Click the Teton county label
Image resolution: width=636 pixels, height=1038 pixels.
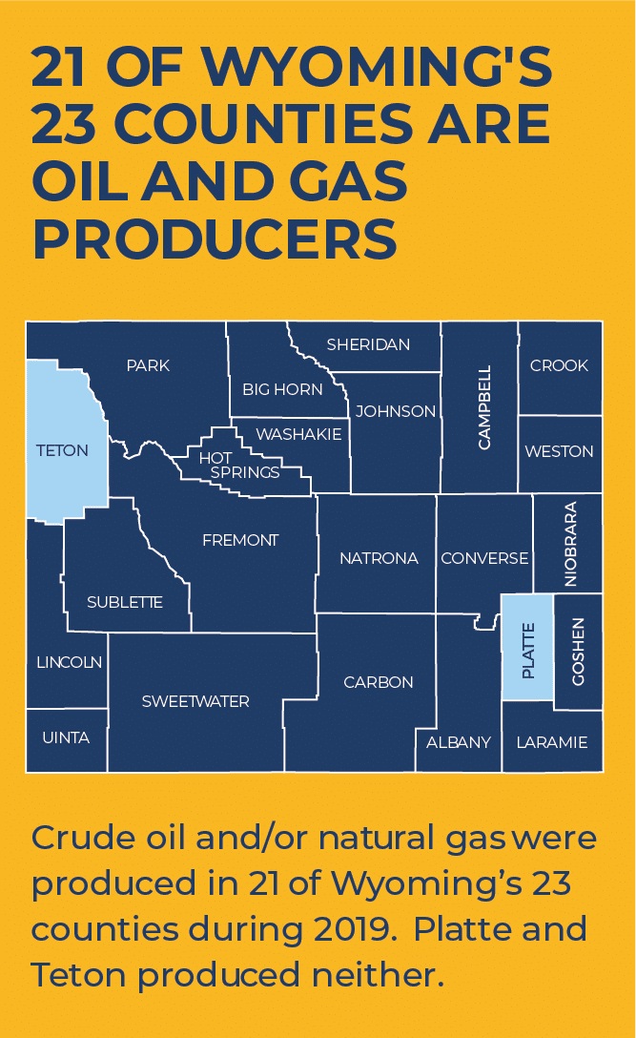point(62,450)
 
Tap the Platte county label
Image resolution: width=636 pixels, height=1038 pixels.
point(527,651)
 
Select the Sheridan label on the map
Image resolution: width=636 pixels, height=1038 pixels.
point(368,344)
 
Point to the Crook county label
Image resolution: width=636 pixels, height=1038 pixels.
point(559,365)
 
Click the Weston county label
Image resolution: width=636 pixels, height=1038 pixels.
point(559,451)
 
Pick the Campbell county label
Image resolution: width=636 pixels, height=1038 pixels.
point(484,407)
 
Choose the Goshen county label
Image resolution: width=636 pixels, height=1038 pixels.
point(578,651)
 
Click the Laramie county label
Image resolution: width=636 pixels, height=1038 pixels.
point(552,741)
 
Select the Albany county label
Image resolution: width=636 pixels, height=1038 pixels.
point(459,741)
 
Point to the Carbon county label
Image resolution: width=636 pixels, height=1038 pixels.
point(379,682)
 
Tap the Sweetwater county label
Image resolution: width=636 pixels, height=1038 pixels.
point(195,701)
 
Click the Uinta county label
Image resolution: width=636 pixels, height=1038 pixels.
point(66,737)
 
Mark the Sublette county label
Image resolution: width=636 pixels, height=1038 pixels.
point(125,602)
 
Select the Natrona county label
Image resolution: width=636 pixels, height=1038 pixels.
point(379,558)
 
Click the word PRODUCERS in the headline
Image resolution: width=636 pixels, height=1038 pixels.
point(215,239)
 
